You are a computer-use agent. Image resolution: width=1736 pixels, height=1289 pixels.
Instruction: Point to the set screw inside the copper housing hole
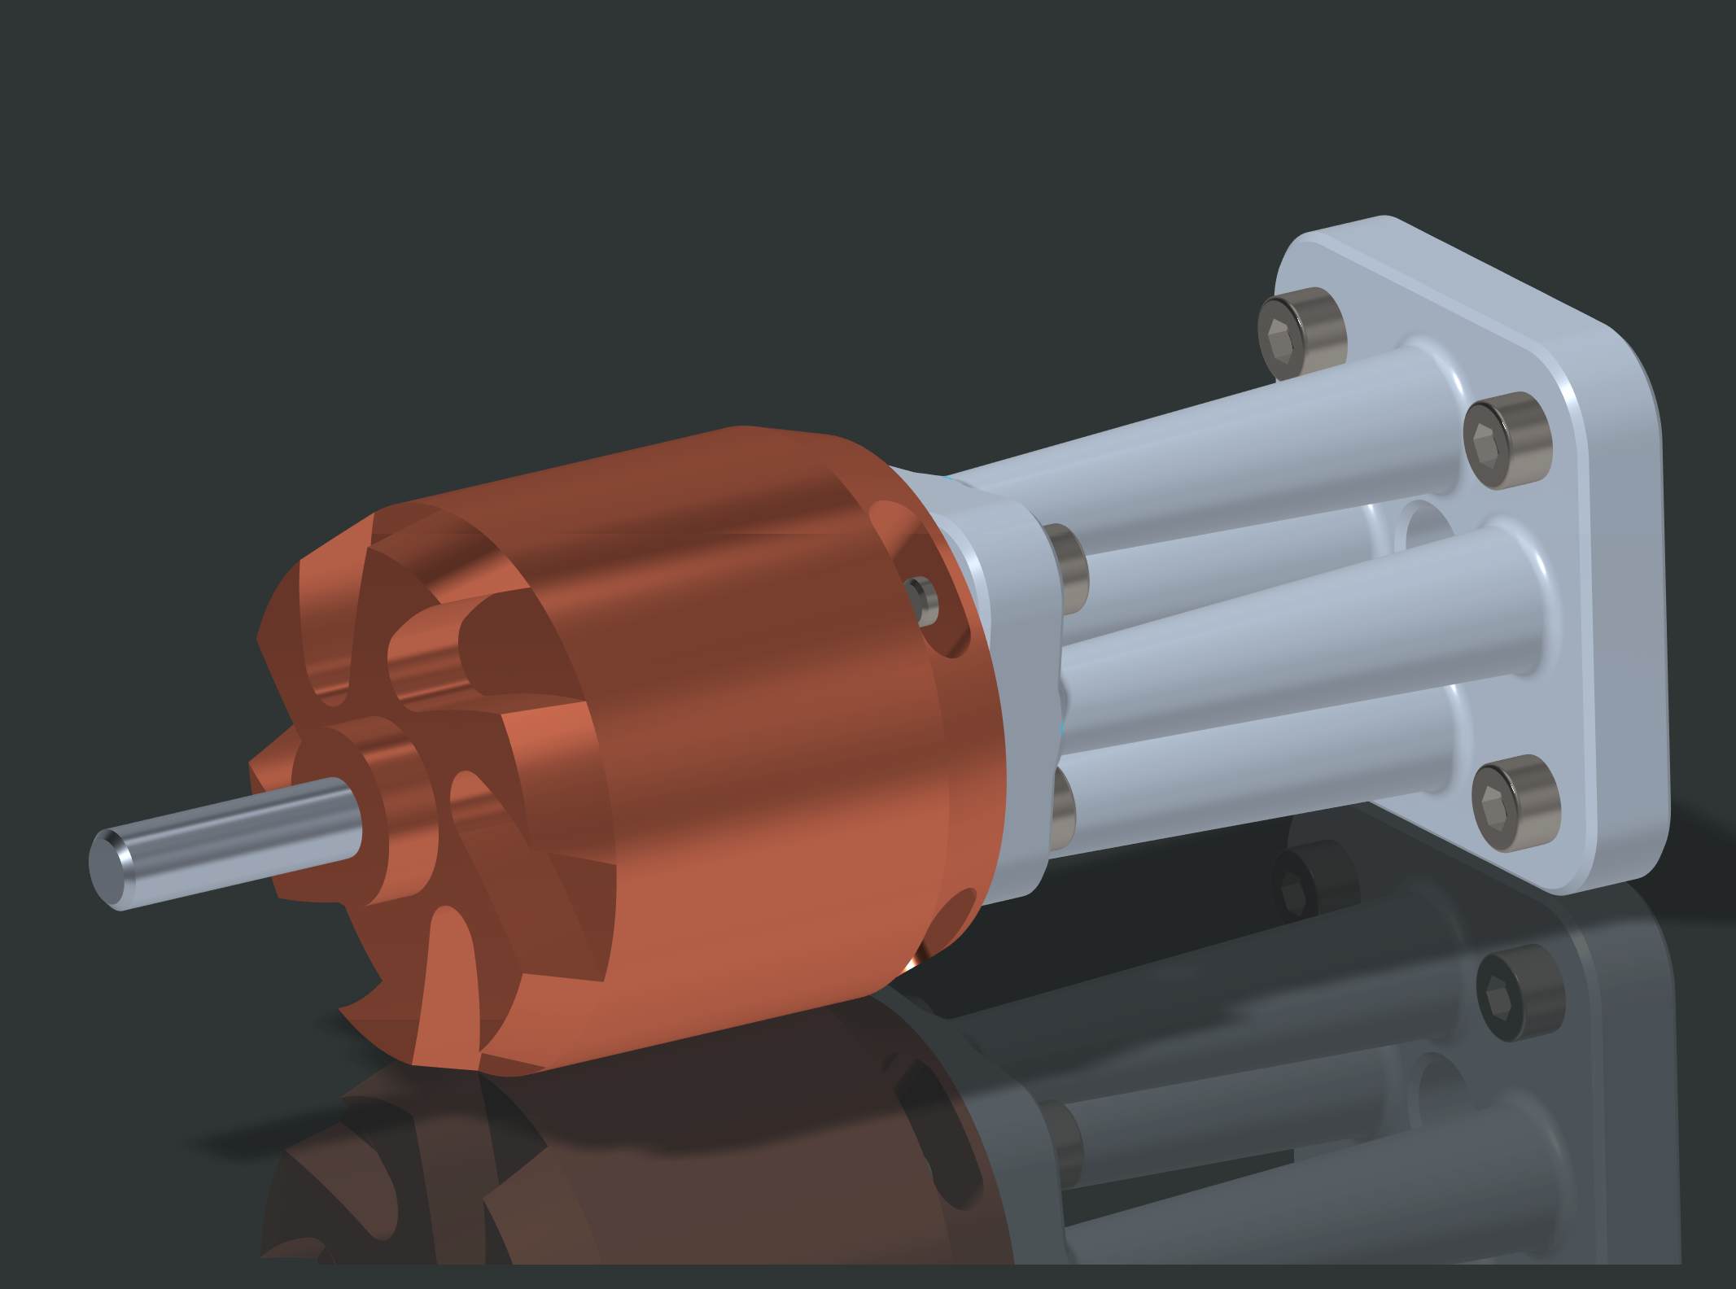[924, 600]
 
